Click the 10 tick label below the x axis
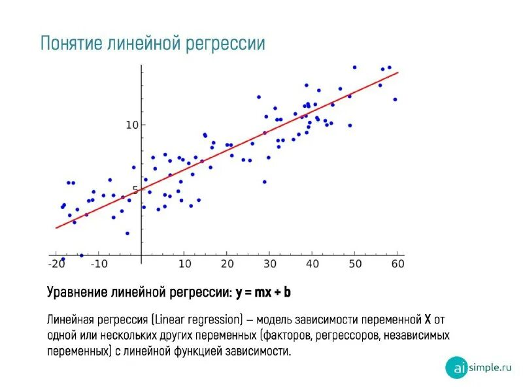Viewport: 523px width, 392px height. coord(185,264)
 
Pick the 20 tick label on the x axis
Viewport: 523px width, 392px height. coord(228,264)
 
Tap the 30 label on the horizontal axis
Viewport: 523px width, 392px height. coord(270,264)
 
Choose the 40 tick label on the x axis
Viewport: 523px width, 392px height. coord(312,264)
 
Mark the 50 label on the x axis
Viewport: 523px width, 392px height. coord(355,264)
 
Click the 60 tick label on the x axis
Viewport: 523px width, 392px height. coord(397,264)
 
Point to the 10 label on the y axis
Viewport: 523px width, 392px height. coord(131,124)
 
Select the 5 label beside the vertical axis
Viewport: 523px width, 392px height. coord(135,190)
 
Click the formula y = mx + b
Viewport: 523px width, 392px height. coord(263,293)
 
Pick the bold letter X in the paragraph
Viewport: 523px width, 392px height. coord(428,320)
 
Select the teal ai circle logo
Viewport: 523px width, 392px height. coord(456,367)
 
